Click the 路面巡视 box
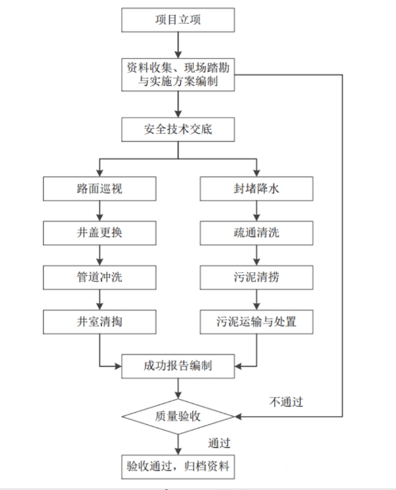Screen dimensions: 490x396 [x=100, y=189]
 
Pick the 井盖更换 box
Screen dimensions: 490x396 [x=100, y=234]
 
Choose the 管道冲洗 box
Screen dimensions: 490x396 [x=100, y=278]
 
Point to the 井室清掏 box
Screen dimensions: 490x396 [x=100, y=322]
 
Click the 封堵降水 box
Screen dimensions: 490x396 [x=256, y=189]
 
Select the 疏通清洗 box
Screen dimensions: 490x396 [x=256, y=234]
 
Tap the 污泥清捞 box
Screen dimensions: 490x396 [x=256, y=278]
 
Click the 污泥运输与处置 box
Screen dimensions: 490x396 [x=256, y=322]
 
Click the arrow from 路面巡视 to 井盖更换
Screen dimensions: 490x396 [x=100, y=211]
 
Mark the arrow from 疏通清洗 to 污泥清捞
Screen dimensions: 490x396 [x=256, y=256]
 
